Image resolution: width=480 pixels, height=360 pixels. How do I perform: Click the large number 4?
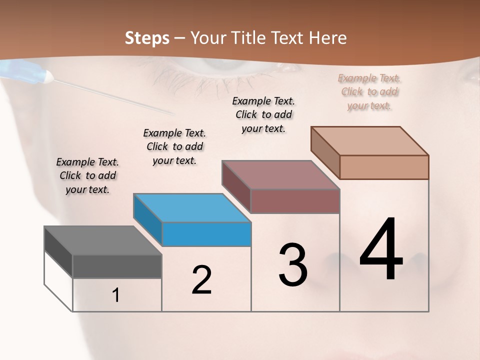(x=381, y=250)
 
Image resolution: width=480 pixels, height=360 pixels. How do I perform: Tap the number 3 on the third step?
(x=293, y=265)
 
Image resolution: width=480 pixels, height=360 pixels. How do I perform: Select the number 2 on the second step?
(x=202, y=280)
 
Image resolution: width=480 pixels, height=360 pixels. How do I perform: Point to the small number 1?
(x=116, y=295)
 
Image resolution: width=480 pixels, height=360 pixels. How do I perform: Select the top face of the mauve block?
(x=280, y=175)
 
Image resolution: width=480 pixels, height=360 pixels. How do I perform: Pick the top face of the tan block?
(x=369, y=141)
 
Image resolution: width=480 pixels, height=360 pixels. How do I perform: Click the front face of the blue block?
(x=206, y=234)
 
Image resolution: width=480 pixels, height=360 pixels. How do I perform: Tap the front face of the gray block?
(x=117, y=266)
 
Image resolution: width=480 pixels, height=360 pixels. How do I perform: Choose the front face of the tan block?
(x=384, y=167)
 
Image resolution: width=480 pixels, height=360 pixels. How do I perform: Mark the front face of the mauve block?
(x=295, y=201)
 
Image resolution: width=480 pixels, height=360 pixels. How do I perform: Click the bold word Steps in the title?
(x=147, y=38)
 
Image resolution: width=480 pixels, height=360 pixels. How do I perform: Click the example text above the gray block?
(x=87, y=175)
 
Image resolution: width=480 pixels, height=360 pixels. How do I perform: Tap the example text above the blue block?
(x=174, y=146)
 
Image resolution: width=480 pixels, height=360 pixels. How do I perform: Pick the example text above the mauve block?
(x=263, y=114)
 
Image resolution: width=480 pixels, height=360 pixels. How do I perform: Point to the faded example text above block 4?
(x=369, y=91)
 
